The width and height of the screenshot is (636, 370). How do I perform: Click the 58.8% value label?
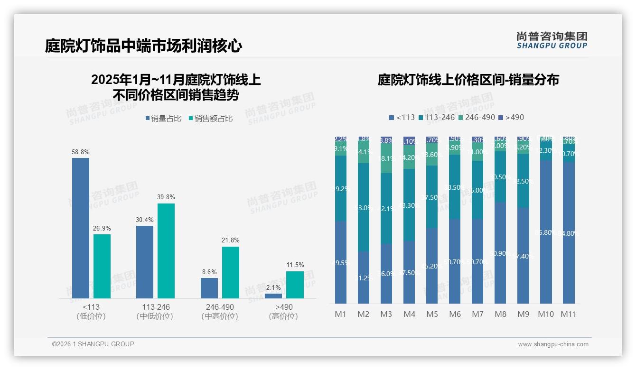point(81,152)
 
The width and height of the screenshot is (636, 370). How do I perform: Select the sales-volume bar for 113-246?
point(145,262)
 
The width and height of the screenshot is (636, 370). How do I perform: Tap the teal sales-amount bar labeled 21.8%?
point(231,272)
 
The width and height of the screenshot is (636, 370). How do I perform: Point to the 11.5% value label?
point(295,265)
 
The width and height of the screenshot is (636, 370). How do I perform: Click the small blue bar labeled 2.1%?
point(273,296)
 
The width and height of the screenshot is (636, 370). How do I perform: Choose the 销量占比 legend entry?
point(163,119)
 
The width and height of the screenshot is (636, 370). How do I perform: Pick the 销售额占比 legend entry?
point(211,119)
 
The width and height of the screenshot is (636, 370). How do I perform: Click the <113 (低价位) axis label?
point(91,312)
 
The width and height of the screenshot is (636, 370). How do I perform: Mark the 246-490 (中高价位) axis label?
point(220,312)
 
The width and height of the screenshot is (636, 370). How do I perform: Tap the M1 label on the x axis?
point(341,314)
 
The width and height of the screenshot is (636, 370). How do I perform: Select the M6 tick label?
point(455,314)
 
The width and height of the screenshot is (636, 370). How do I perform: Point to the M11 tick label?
point(569,314)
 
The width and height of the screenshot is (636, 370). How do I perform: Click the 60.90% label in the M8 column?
point(500,254)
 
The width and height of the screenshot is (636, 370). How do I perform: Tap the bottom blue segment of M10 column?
point(546,232)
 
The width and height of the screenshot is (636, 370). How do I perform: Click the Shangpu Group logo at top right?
point(552,40)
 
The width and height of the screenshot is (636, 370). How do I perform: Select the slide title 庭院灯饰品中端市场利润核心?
point(143,46)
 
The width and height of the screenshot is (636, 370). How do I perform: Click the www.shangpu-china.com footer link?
point(553,344)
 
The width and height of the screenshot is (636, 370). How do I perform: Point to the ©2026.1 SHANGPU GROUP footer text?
point(93,344)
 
